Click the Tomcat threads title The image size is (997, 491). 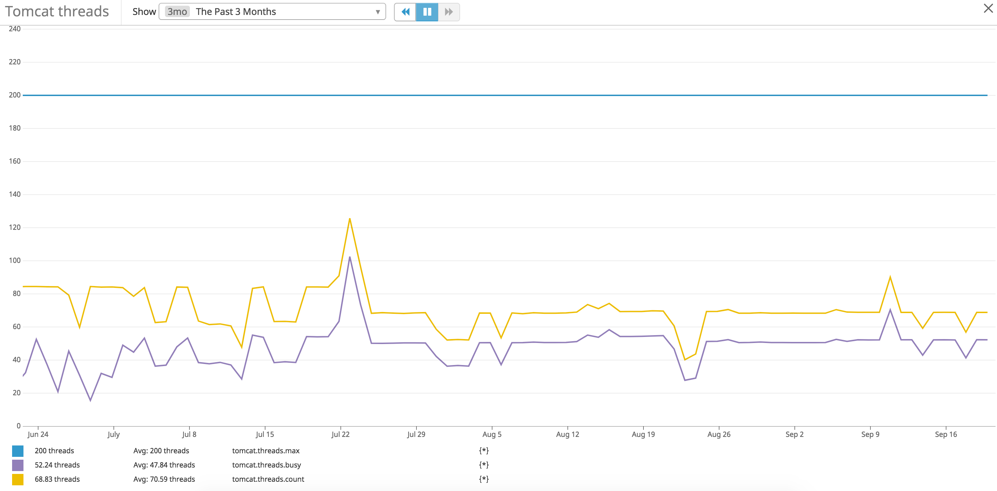[57, 12]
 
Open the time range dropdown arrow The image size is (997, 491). [377, 12]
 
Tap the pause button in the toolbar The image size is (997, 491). [427, 12]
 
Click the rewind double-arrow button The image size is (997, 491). [405, 12]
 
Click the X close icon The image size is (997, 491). [988, 8]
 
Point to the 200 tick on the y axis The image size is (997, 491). [15, 95]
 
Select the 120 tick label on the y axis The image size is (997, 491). [15, 227]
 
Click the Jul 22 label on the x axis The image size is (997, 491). [340, 434]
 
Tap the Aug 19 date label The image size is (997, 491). [643, 434]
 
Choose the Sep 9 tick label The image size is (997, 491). [870, 434]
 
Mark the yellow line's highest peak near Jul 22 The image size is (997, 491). [350, 219]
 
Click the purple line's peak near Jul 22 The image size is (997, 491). [350, 257]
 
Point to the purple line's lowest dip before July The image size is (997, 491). [90, 400]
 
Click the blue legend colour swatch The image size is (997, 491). [18, 451]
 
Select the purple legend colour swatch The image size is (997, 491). [18, 465]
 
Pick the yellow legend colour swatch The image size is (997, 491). [18, 479]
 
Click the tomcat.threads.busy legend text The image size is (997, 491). [266, 465]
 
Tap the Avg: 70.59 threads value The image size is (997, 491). [164, 479]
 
